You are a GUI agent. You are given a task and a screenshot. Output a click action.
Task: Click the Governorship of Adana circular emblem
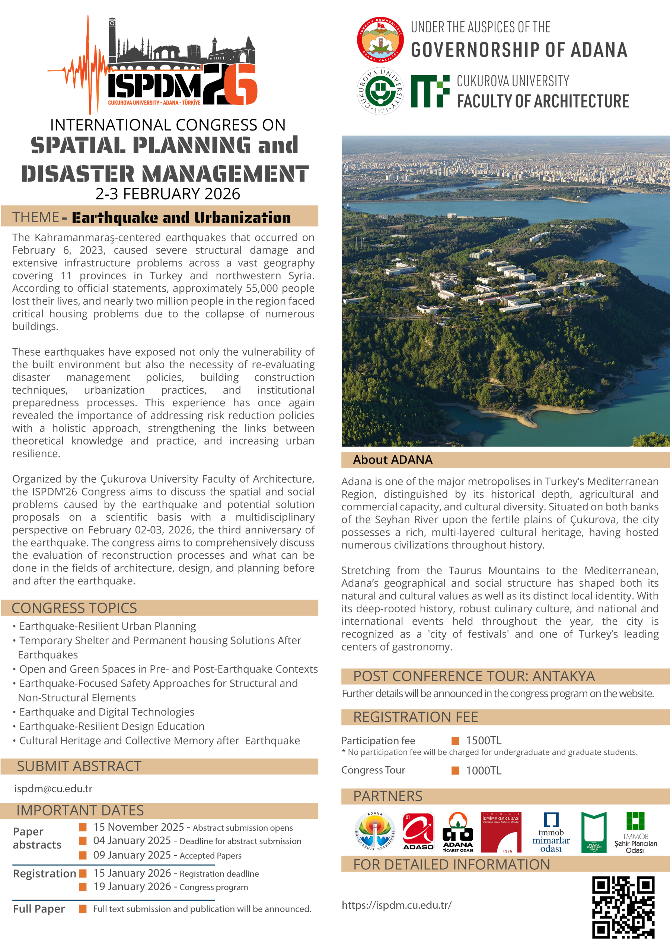[380, 40]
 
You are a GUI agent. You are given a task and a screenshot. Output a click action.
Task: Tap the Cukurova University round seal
[380, 91]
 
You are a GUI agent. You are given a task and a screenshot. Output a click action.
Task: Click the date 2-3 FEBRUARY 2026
[167, 194]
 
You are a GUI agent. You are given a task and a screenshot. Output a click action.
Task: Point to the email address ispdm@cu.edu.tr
[53, 788]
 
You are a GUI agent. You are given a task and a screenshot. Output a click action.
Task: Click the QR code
[623, 907]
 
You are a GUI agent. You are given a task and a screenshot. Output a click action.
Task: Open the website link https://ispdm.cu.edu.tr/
[396, 905]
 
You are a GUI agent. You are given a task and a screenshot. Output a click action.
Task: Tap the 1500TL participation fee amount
[484, 740]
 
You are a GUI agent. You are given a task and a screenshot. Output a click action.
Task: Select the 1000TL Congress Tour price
[484, 770]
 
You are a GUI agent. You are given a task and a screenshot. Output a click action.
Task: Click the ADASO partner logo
[418, 831]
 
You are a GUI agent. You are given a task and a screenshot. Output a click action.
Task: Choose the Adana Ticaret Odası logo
[457, 831]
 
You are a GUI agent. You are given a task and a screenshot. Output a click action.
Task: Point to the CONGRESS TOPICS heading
[74, 608]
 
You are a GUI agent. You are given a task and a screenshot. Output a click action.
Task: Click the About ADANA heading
[392, 459]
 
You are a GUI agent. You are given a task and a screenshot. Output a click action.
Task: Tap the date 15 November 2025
[138, 827]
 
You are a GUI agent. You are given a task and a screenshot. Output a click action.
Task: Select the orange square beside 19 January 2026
[83, 886]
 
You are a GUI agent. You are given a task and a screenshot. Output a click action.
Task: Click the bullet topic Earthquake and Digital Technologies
[107, 712]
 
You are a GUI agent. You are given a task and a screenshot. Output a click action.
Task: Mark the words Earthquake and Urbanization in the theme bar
[181, 218]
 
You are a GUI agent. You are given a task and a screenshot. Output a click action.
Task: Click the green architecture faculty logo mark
[430, 91]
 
